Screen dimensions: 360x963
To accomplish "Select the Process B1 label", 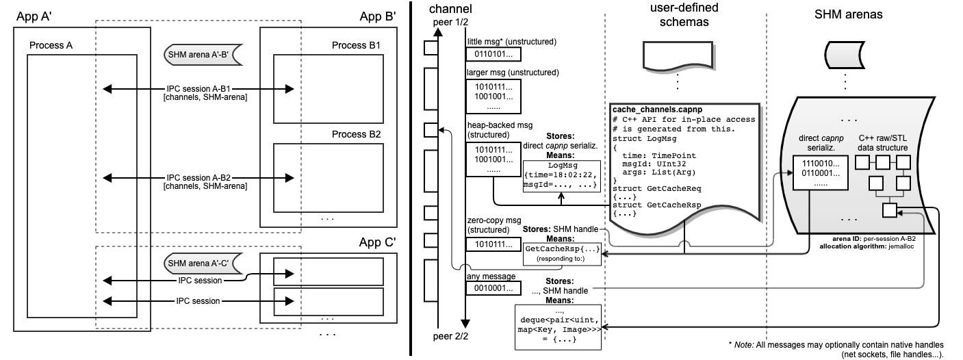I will (x=356, y=45).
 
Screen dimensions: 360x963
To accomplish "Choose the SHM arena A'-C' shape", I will (x=201, y=263).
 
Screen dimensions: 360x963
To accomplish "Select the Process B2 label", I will (x=356, y=134).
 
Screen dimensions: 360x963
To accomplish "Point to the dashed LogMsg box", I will (x=561, y=176).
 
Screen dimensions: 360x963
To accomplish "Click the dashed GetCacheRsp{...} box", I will (x=561, y=253).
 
